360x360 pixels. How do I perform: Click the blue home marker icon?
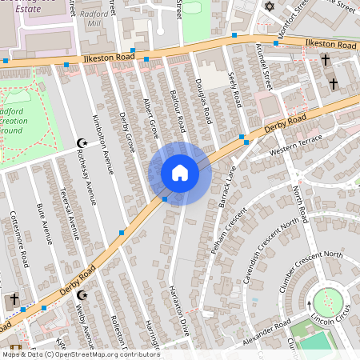(x=180, y=173)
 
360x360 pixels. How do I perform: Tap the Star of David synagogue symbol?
(x=268, y=6)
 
